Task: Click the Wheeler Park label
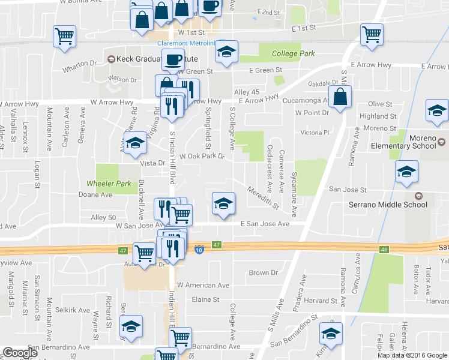click(x=108, y=183)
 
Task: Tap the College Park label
click(x=293, y=53)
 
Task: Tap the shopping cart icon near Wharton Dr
click(x=64, y=36)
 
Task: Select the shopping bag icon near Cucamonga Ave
click(x=340, y=97)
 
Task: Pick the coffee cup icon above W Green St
click(x=173, y=59)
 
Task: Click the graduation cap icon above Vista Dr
click(x=136, y=143)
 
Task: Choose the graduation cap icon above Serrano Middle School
click(x=406, y=172)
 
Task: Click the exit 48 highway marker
click(x=383, y=248)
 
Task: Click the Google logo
click(x=20, y=353)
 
